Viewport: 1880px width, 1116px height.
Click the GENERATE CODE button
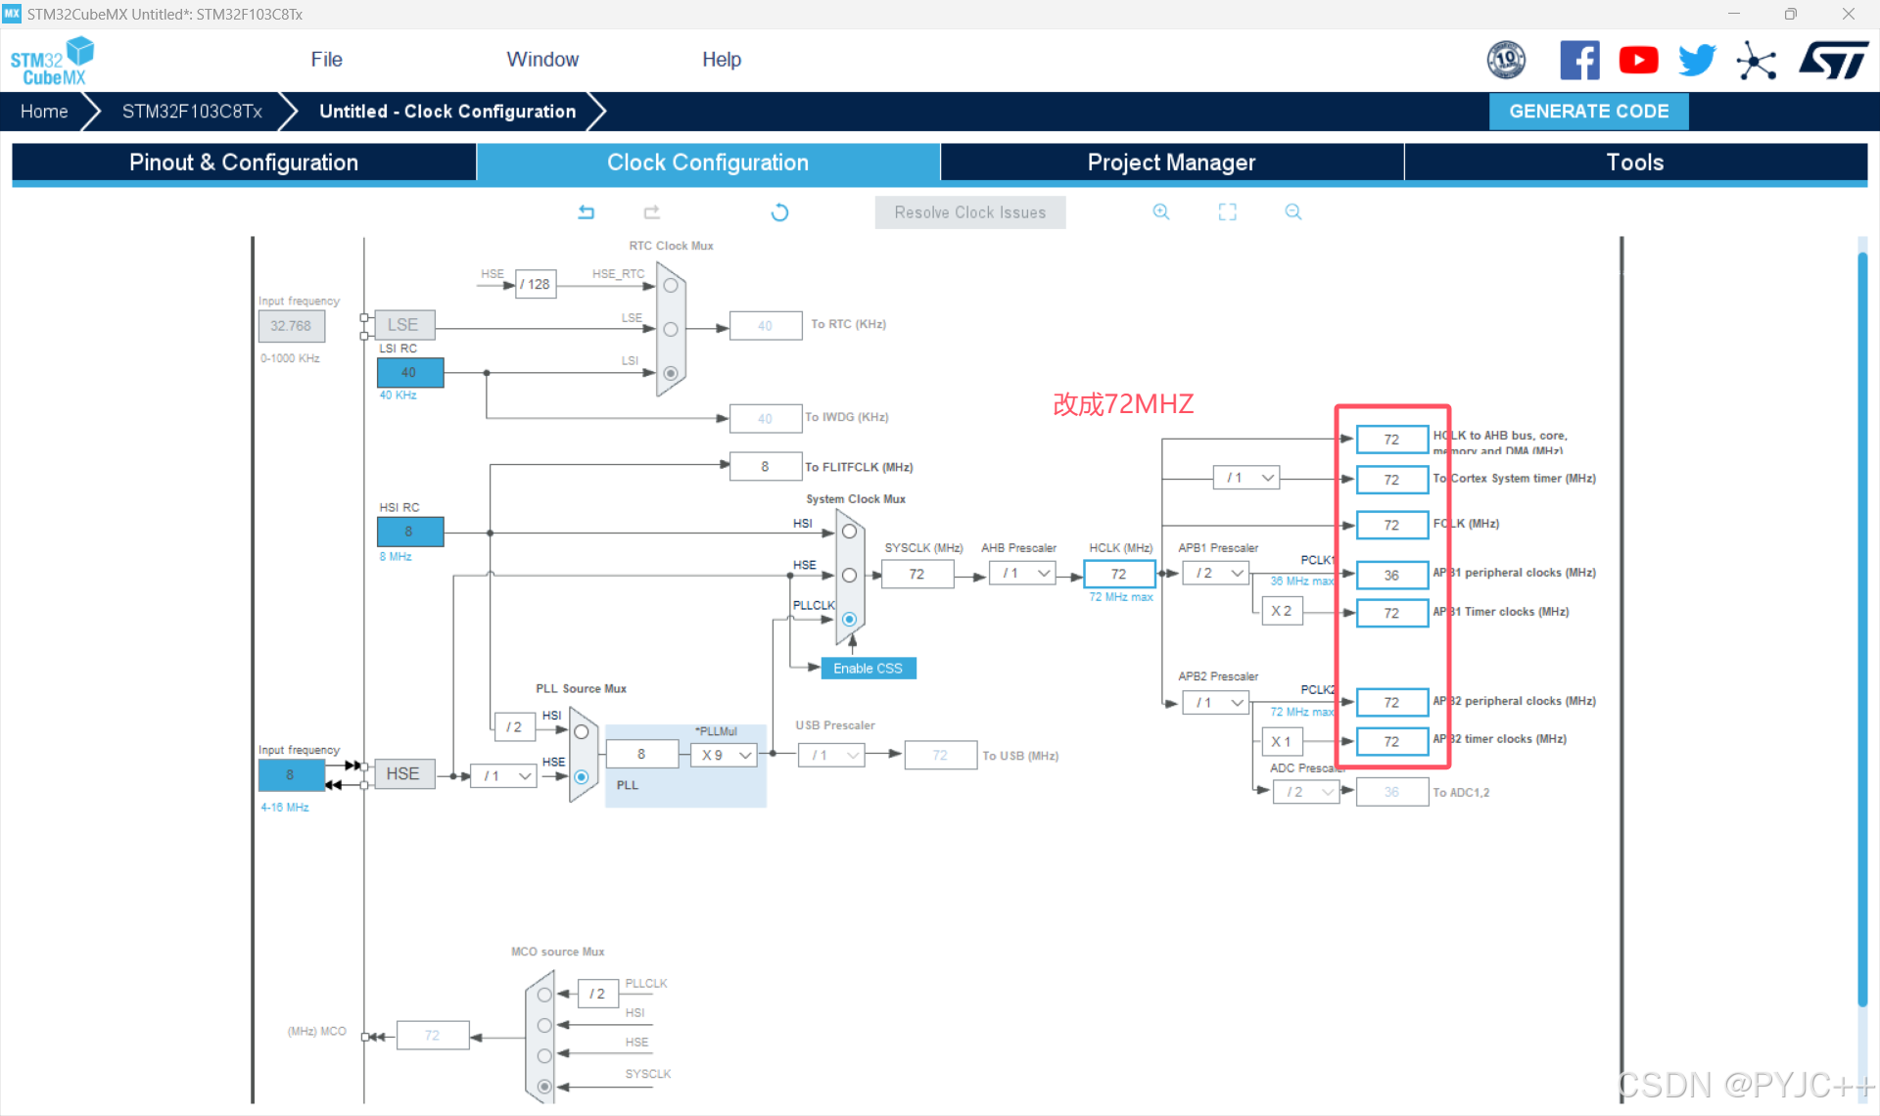pos(1588,112)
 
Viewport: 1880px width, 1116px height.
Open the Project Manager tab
pos(1171,163)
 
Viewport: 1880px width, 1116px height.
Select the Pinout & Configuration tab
pos(244,163)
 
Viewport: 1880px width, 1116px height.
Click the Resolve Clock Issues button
pos(969,212)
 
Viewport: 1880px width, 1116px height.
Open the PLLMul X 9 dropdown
pos(724,755)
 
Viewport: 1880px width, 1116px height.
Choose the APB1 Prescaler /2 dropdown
pos(1215,574)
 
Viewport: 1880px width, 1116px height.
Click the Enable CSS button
pos(868,669)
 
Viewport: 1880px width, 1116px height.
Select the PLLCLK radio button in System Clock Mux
pos(849,620)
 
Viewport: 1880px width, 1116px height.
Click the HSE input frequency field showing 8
pos(291,774)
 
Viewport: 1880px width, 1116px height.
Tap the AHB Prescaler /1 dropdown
pos(1022,574)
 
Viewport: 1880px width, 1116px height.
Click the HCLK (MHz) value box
pos(1119,575)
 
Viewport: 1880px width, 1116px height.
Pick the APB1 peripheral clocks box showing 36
pos(1391,576)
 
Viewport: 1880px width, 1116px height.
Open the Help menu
pos(722,60)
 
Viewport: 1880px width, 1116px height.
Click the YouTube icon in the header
pos(1638,61)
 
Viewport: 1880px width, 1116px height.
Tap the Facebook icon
pos(1579,61)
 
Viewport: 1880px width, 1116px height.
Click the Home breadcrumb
pos(44,112)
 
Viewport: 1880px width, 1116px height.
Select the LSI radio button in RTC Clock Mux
pos(671,373)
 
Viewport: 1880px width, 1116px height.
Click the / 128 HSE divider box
pos(536,285)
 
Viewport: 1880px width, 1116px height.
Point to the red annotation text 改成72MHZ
pos(1123,404)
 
